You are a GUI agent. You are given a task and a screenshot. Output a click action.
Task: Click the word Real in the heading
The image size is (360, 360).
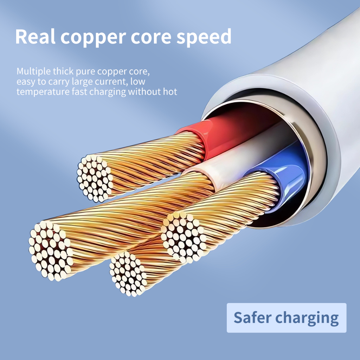36,37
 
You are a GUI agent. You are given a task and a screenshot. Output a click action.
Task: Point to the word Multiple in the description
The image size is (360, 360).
33,72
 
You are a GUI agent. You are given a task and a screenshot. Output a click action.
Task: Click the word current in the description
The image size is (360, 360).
111,82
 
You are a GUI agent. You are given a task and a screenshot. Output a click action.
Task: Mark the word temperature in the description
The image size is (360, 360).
43,92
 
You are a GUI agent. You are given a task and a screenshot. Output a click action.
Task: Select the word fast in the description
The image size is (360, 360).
79,92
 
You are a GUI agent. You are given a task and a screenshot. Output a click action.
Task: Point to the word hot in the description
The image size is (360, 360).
170,92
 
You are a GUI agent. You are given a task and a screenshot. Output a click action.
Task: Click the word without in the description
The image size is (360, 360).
144,92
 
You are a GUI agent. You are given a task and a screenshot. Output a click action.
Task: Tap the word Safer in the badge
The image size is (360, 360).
252,318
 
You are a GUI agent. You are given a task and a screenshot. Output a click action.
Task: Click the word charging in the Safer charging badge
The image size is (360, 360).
307,319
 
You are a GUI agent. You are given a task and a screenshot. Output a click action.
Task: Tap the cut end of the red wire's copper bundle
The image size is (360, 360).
95,178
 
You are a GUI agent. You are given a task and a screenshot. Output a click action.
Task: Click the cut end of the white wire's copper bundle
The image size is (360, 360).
51,251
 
